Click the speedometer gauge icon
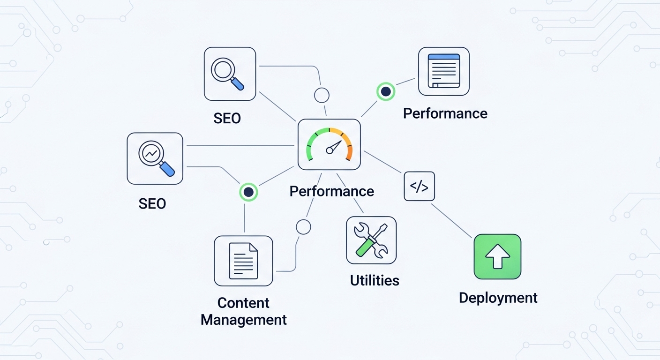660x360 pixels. coord(329,144)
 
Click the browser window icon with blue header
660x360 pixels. coord(443,71)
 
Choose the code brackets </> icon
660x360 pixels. coord(419,187)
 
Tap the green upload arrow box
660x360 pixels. coord(497,257)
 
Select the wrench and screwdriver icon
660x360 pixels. coord(371,240)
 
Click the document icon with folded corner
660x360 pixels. coord(243,261)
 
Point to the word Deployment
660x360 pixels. coord(498,298)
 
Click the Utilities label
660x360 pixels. coord(375,280)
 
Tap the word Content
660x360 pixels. coord(243,303)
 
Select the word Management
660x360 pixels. coord(243,320)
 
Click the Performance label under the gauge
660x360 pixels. coord(331,191)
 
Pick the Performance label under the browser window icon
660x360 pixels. coord(445,113)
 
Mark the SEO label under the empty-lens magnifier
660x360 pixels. coord(227,118)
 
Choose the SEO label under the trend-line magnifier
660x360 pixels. coord(152,203)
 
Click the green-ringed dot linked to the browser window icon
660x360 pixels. coord(386,91)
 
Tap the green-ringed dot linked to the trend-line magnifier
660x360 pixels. coord(248,192)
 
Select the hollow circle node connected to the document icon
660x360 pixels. coord(303,227)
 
